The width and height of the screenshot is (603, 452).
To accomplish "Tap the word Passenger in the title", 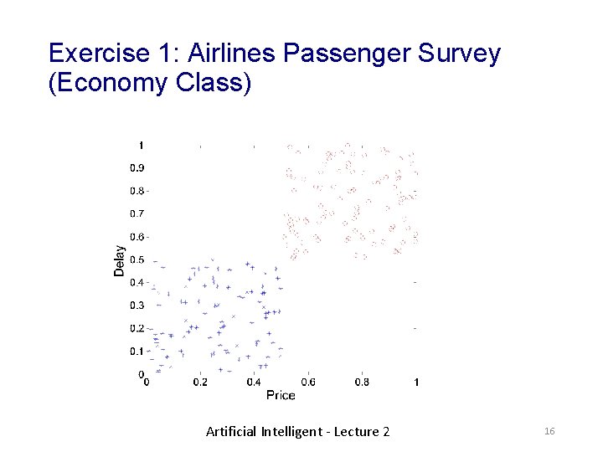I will coord(347,54).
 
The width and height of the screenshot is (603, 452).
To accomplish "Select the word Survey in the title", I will coord(459,54).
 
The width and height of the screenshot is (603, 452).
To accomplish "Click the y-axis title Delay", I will coord(120,260).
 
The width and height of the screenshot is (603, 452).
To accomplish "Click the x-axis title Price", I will coord(281,394).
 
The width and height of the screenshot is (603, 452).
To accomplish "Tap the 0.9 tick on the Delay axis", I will coord(137,167).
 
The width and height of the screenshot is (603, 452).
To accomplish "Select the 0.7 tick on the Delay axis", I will coord(137,213).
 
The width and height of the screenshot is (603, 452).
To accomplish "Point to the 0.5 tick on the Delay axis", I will coord(137,259).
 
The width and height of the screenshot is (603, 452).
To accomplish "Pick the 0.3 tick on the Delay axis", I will coord(137,306).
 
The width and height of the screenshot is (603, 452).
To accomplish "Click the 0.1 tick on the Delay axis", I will coord(137,351).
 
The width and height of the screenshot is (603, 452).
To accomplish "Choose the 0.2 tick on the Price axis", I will coord(200,383).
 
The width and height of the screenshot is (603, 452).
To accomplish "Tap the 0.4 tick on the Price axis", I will coord(254,383).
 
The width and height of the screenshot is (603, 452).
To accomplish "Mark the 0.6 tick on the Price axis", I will coord(308,383).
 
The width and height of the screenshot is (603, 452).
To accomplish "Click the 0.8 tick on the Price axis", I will coord(362,383).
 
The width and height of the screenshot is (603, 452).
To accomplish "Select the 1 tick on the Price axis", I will coord(417,383).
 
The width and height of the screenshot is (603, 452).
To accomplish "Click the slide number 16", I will coord(550,431).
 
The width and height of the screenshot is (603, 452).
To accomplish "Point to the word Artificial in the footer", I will coord(231,432).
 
